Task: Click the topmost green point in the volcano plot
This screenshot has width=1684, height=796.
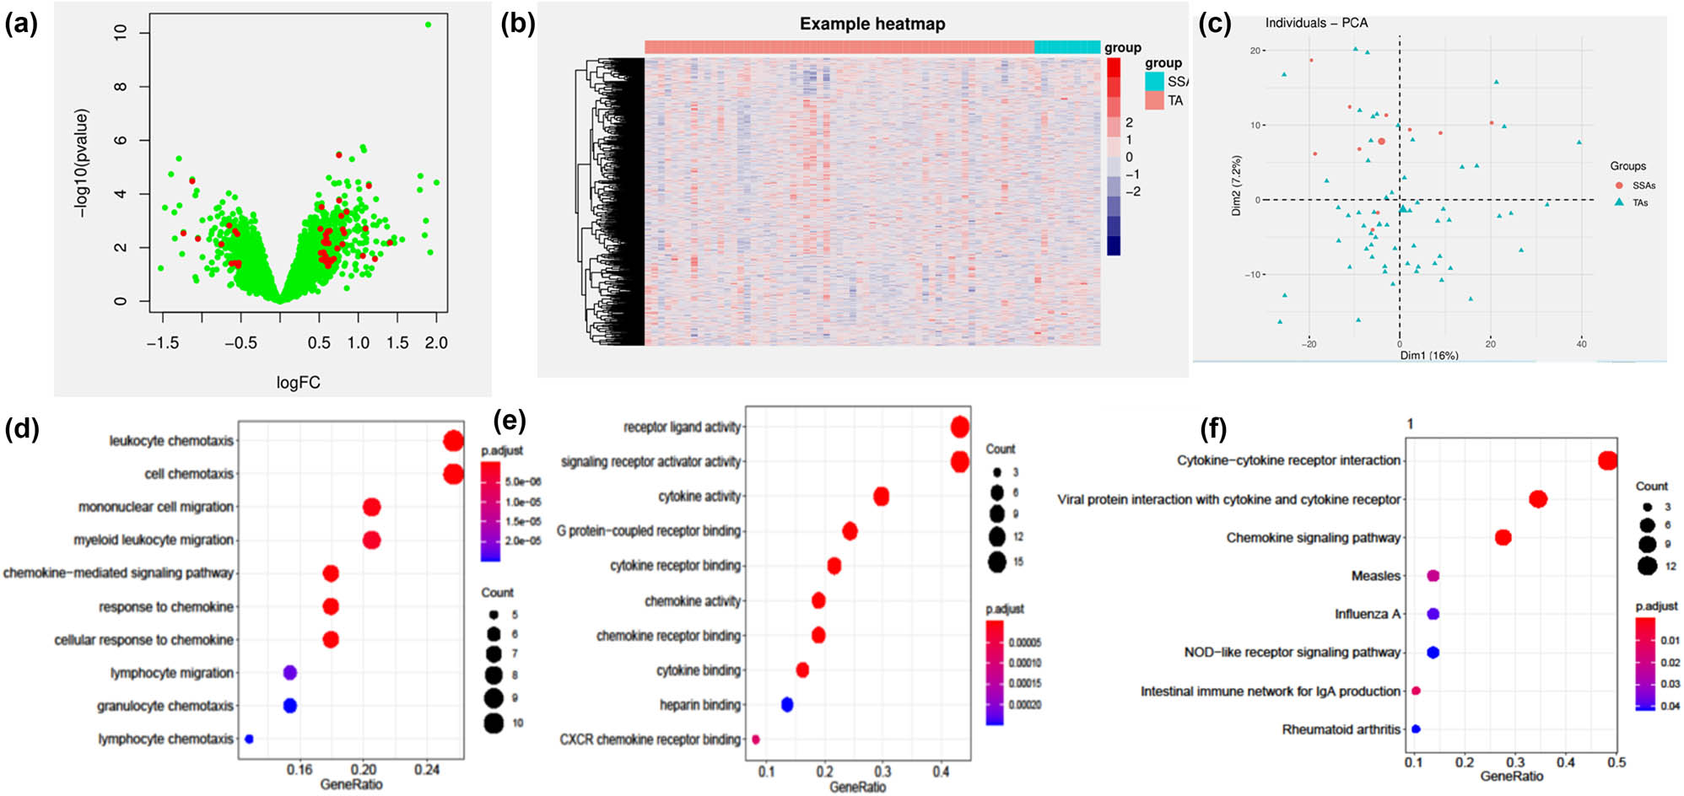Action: [x=429, y=24]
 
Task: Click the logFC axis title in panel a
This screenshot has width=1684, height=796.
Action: [x=298, y=383]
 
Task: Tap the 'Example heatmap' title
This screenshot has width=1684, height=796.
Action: [x=872, y=24]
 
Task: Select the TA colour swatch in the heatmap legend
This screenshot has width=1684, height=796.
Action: [x=1154, y=101]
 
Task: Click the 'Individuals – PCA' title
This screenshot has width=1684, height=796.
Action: [x=1316, y=23]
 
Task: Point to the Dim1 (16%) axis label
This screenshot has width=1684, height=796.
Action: [x=1429, y=356]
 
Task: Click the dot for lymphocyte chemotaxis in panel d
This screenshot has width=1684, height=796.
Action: [x=249, y=739]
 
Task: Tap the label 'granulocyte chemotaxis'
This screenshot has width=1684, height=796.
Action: [x=165, y=706]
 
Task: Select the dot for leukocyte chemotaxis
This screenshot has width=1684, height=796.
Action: [x=453, y=441]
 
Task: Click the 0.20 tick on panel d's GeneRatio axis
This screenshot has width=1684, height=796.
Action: [x=364, y=769]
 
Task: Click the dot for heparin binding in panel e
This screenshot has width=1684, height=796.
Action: [x=787, y=704]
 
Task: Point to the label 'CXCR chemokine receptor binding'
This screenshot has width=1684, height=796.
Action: [x=650, y=740]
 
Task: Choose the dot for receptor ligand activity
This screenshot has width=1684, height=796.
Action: [x=959, y=428]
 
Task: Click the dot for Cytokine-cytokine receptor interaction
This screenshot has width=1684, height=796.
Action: [x=1607, y=460]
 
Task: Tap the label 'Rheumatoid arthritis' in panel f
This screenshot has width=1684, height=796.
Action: [x=1341, y=729]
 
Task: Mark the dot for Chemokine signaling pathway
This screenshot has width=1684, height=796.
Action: [x=1503, y=537]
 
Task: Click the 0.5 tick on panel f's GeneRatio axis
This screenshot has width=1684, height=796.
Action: [x=1616, y=762]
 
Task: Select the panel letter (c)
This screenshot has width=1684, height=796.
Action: [x=1214, y=24]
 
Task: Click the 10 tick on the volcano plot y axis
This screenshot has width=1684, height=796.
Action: [x=121, y=32]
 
